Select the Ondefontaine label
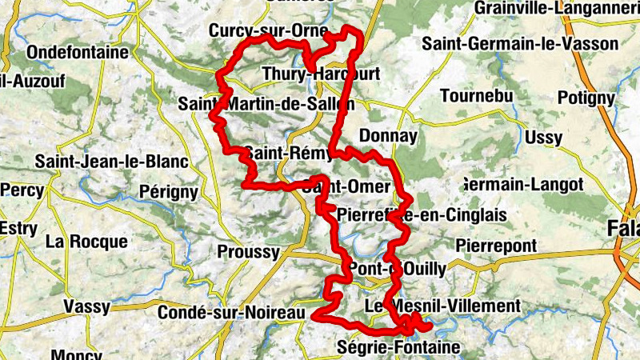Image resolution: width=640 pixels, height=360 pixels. click(78, 52)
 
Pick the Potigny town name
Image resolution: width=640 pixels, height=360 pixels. click(586, 98)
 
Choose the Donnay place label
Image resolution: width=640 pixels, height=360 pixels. click(389, 136)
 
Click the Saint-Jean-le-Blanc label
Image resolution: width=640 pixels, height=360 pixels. click(111, 162)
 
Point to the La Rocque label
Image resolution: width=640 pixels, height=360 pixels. click(86, 241)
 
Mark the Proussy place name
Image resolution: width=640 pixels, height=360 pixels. click(249, 252)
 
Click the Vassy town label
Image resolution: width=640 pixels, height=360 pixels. click(86, 306)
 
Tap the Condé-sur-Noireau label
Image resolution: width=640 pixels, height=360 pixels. click(232, 313)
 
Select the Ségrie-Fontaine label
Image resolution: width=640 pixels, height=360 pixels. click(399, 347)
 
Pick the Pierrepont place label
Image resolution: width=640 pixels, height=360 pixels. click(495, 245)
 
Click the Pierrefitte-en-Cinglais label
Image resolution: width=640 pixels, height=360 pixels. click(422, 215)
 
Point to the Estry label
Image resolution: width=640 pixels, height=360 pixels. click(18, 228)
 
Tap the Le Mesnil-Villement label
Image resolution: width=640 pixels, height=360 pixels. click(442, 306)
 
